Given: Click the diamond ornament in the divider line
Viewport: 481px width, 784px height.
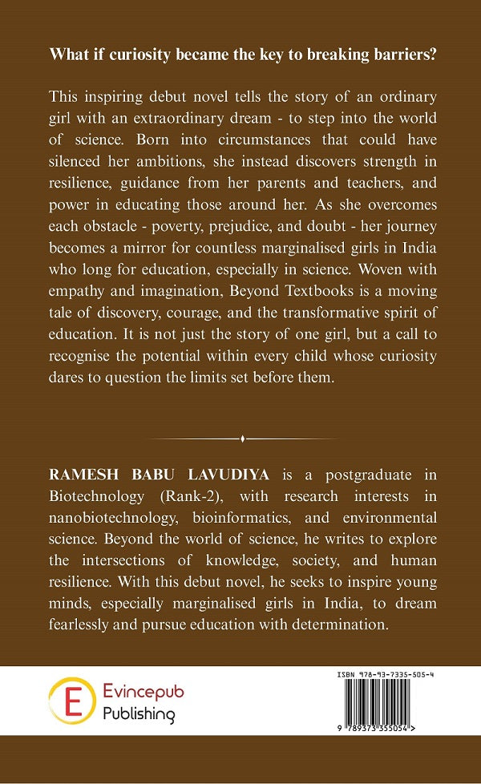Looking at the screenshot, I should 241,438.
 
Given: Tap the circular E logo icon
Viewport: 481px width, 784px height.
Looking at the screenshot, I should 70,701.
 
